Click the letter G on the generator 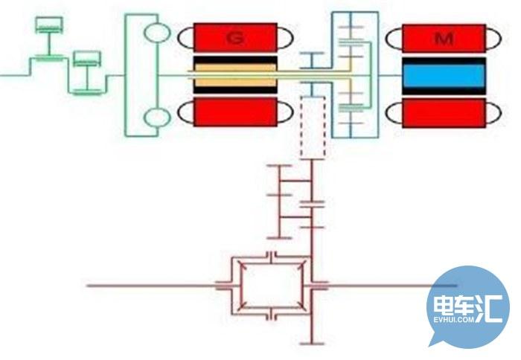tap(235, 38)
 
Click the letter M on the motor tap(444, 39)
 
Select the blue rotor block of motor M tap(444, 75)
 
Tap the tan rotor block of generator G tap(235, 75)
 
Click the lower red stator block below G tap(235, 112)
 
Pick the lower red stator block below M tap(444, 113)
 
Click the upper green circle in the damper tap(157, 33)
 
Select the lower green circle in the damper tap(157, 118)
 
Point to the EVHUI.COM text tap(453, 320)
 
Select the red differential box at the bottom tap(272, 286)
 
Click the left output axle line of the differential tap(151, 286)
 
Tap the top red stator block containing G tap(235, 37)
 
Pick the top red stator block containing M tap(444, 38)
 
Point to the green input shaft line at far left tap(15, 75)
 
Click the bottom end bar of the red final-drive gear tap(312, 344)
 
